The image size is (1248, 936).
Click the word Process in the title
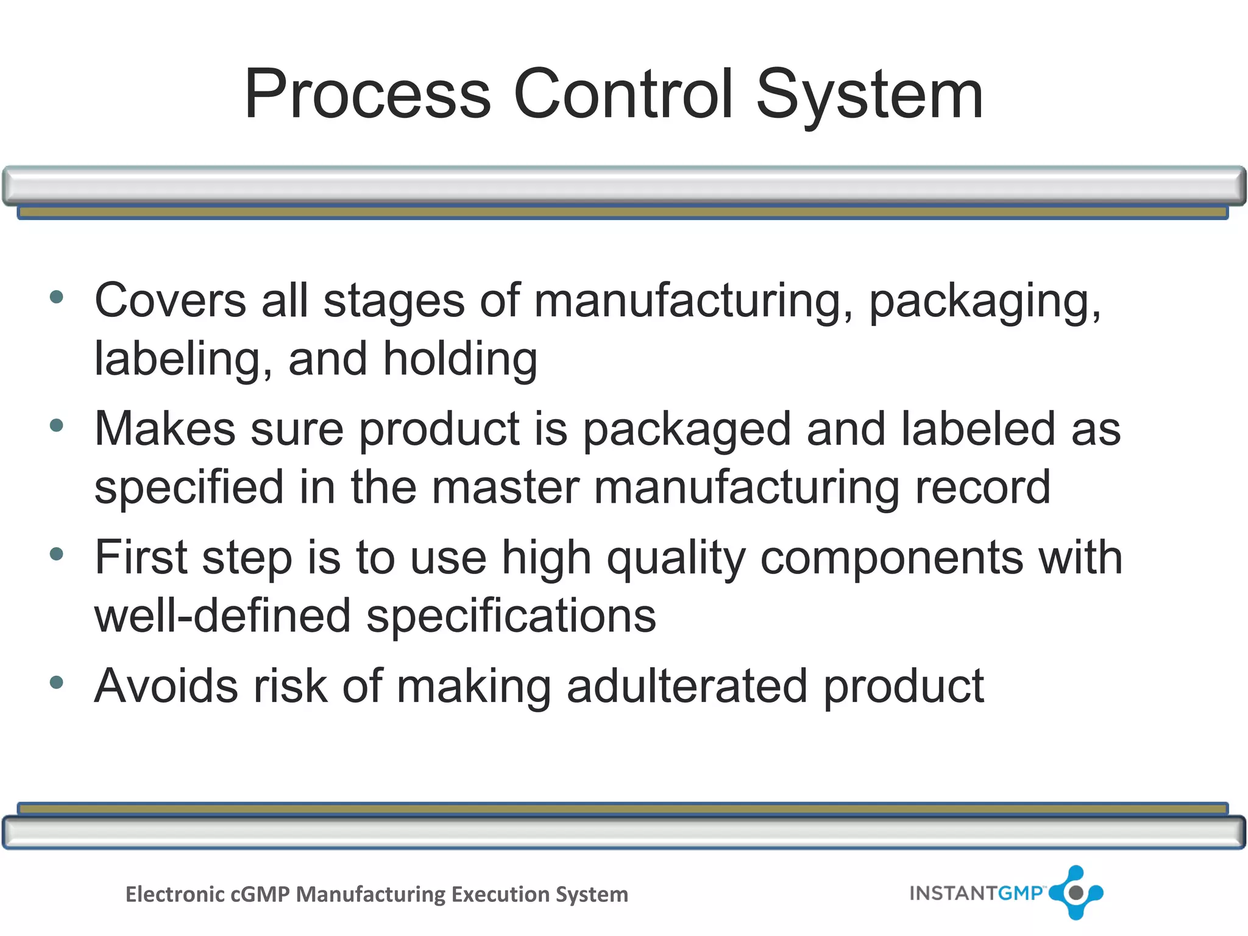pyautogui.click(x=367, y=94)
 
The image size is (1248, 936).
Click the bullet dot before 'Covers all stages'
pyautogui.click(x=57, y=297)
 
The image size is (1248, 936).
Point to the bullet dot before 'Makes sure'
pyautogui.click(x=57, y=425)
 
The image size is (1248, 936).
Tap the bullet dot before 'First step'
pyautogui.click(x=57, y=554)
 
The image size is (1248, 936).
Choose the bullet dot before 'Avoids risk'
pyautogui.click(x=57, y=682)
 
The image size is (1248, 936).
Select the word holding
pyautogui.click(x=460, y=360)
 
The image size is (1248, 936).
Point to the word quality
pyautogui.click(x=676, y=559)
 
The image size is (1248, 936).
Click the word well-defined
pyautogui.click(x=222, y=615)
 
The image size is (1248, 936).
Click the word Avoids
pyautogui.click(x=166, y=686)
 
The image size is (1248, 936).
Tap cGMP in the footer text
pyautogui.click(x=260, y=895)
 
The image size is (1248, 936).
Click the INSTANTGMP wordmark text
pyautogui.click(x=976, y=893)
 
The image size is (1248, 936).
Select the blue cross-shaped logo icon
pyautogui.click(x=1076, y=893)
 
